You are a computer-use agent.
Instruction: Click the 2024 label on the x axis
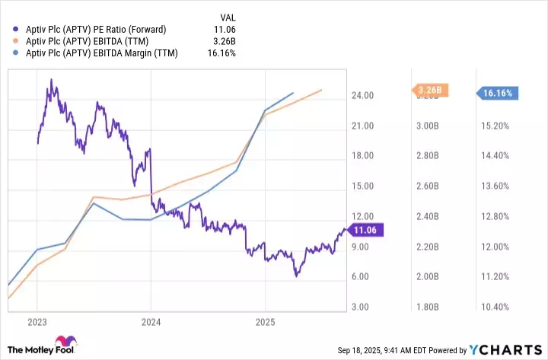tap(151, 322)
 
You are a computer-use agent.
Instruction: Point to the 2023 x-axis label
tap(37, 322)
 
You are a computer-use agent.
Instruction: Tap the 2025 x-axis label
tap(264, 322)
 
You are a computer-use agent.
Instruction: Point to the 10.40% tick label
tap(496, 307)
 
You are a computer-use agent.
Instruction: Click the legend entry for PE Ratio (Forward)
tap(95, 30)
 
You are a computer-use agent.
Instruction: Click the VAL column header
tap(228, 17)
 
